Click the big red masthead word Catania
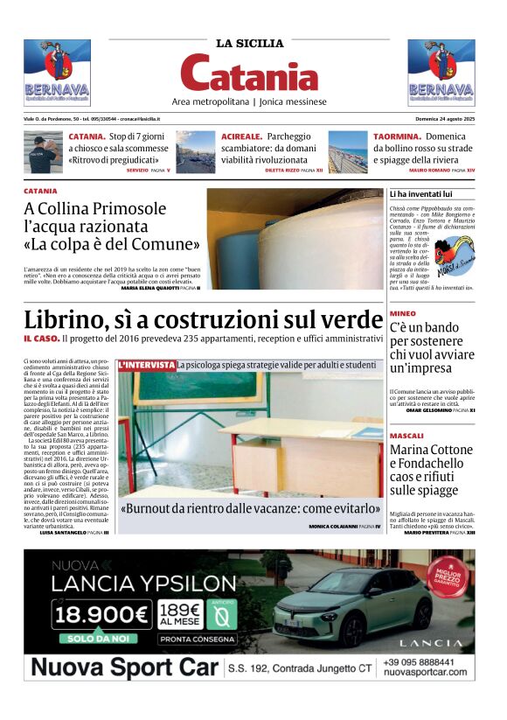[x=250, y=73]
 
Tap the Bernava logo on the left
[x=57, y=73]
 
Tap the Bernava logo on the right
[x=441, y=73]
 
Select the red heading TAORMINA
[x=398, y=137]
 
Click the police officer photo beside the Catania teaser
[x=43, y=151]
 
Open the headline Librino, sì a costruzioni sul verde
[x=203, y=319]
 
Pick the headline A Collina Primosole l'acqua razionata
[x=112, y=226]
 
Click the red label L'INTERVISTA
[x=146, y=364]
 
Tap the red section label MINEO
[x=403, y=313]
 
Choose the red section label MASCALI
[x=406, y=436]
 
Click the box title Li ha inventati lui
[x=421, y=193]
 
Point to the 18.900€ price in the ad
[x=101, y=615]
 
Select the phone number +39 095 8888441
[x=425, y=662]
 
